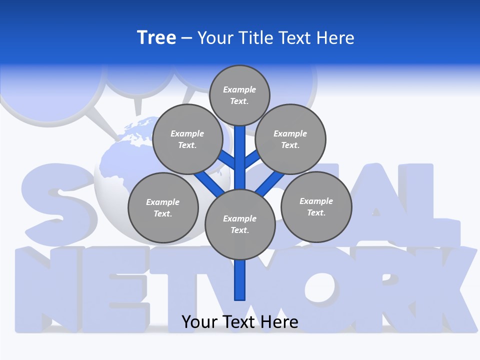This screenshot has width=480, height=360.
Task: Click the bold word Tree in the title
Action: coord(156,37)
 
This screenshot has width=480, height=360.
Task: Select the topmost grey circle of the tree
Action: coord(239,95)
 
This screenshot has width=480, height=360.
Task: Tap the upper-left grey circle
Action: coord(187,139)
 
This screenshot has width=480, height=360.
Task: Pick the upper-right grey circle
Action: coord(290,139)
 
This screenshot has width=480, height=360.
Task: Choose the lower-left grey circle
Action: coord(163,207)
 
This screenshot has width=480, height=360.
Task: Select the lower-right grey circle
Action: coord(316,206)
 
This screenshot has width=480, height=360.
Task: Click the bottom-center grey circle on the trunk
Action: coord(240,224)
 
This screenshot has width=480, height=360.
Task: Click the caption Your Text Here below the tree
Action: coord(240,322)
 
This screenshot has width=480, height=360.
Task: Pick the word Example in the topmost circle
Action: coord(239,89)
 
